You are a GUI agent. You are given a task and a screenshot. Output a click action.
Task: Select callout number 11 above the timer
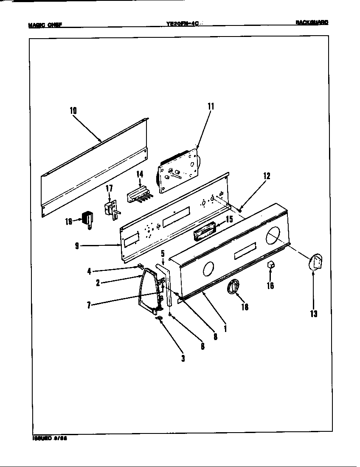[x=210, y=107]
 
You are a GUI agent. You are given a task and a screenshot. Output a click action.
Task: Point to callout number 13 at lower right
[x=313, y=314]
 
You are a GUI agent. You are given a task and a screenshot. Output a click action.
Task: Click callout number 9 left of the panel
[x=77, y=246]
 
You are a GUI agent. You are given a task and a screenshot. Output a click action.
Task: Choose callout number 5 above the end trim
[x=163, y=254]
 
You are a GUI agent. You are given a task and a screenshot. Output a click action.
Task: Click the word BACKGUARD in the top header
[x=312, y=23]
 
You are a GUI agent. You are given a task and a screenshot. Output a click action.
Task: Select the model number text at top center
[x=183, y=25]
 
